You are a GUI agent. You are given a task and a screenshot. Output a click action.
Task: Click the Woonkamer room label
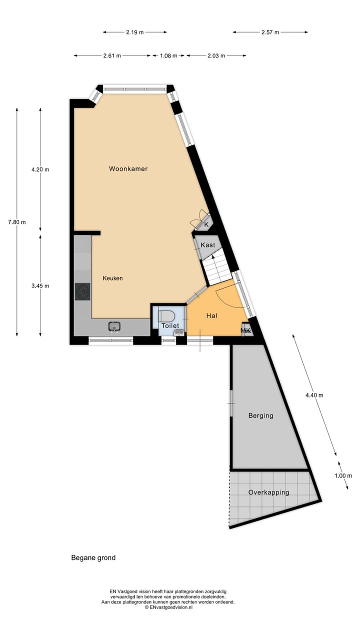point(128,169)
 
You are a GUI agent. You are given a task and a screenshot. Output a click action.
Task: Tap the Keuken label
point(113,278)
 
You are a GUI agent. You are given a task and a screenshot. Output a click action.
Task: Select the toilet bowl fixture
point(166,315)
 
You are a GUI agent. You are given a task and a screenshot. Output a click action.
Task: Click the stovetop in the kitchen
point(82,291)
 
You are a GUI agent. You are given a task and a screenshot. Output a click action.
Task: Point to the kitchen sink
point(114,326)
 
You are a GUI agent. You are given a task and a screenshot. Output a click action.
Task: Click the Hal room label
point(211,316)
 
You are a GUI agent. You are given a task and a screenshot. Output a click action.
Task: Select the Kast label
point(207,245)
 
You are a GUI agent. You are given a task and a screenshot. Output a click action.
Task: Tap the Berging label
point(260,415)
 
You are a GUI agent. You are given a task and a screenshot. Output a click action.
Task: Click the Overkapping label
point(268,492)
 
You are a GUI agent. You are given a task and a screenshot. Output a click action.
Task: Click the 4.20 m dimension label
point(40,169)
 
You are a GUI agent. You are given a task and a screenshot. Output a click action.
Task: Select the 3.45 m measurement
point(40,286)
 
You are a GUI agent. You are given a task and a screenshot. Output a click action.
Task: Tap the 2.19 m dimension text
point(134,32)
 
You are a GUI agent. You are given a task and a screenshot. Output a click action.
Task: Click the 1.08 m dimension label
point(168,55)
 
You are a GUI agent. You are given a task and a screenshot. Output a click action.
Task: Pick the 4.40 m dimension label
point(314,395)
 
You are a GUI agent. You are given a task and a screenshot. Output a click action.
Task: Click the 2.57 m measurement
point(270,32)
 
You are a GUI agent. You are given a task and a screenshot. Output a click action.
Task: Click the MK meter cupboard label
point(245,330)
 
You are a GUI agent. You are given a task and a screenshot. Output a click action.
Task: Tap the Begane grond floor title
point(93,557)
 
